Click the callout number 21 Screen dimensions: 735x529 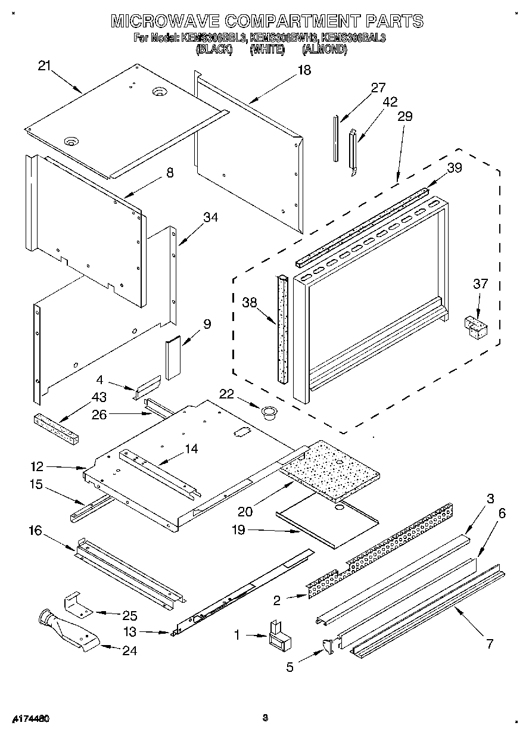tap(44, 66)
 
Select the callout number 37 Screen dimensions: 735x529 tap(480, 284)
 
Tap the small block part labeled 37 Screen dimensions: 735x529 tap(475, 327)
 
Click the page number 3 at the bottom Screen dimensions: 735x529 tap(265, 718)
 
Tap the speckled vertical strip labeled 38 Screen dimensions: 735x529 tap(281, 328)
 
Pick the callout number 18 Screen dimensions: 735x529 tap(304, 70)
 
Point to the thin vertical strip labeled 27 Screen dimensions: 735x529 tap(337, 139)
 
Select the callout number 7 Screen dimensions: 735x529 tap(490, 644)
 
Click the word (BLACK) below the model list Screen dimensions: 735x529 tap(213, 50)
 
